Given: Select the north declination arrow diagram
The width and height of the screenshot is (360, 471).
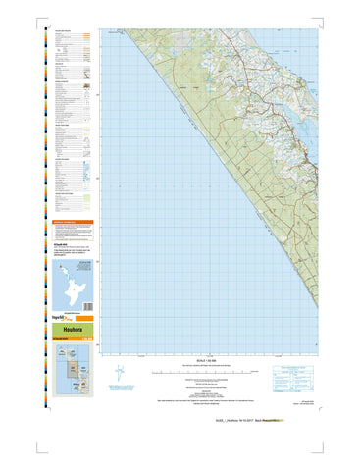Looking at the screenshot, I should coord(120,374).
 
